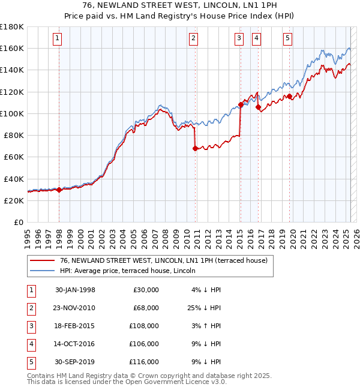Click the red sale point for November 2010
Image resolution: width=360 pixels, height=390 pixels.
coord(195,148)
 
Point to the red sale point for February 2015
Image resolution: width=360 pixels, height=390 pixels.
coord(240,104)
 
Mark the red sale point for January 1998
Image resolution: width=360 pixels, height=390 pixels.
coord(59,190)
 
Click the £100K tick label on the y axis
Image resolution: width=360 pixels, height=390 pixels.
coord(12,113)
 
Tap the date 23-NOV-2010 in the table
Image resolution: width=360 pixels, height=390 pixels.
coord(75,308)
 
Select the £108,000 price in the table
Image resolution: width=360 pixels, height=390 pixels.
coord(144,326)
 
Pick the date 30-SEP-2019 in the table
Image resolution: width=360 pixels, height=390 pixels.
coord(75,362)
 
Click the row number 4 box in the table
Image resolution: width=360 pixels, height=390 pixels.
coord(31,344)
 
